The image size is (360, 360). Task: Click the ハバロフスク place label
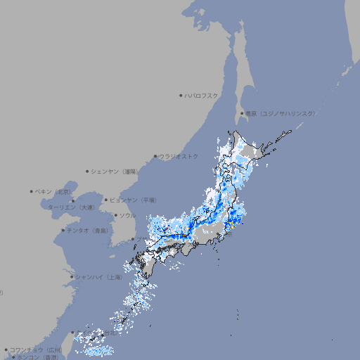pos(202,95)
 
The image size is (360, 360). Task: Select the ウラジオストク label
pos(179,156)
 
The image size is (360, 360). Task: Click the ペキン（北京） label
pos(53,191)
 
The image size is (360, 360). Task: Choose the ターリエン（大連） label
pos(71,207)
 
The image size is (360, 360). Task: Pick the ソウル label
pos(127,215)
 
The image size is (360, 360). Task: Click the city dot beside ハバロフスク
pos(181,95)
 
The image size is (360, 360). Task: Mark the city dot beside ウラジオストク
pos(155,156)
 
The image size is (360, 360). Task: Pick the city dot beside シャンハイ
pos(72,277)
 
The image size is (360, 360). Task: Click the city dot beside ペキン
pos(32,191)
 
